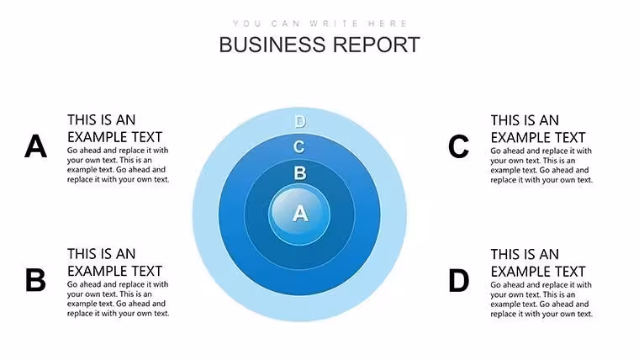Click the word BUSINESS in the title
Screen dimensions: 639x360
(272, 45)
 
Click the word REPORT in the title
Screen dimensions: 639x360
(377, 45)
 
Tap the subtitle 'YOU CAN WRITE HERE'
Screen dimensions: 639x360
(319, 24)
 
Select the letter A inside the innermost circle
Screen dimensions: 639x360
(300, 214)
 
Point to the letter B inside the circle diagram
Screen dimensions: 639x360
(300, 173)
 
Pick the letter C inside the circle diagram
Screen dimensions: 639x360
(299, 146)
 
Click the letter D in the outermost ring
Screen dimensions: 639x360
(300, 121)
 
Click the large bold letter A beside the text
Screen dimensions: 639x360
(35, 146)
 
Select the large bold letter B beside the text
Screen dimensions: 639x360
(35, 280)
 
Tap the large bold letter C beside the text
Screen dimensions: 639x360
(458, 146)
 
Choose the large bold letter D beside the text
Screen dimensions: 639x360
(458, 280)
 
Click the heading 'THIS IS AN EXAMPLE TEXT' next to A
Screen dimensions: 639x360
(115, 129)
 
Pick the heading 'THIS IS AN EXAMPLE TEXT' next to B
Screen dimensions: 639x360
(115, 262)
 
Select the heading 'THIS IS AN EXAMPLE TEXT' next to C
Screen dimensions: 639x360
(538, 129)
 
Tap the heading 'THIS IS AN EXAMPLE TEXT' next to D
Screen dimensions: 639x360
(538, 263)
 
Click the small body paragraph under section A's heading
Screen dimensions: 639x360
(119, 165)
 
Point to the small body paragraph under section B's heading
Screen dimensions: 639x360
(119, 299)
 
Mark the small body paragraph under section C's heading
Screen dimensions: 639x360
(541, 165)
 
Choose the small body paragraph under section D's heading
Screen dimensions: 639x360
(541, 299)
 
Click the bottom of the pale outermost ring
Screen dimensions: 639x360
(299, 309)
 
